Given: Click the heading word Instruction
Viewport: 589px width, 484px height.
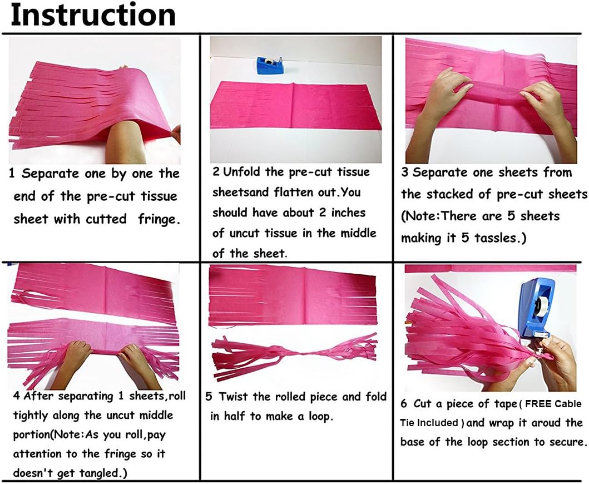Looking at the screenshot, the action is (93, 15).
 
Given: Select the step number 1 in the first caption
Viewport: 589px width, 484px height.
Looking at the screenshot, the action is (12, 173).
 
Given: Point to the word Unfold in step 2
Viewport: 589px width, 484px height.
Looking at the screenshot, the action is (241, 172).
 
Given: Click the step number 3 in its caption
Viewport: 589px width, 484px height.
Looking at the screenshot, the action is (404, 172).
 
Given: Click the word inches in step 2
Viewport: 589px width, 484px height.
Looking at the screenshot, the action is (348, 213).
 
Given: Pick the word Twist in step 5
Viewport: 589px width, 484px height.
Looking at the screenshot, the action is (234, 397).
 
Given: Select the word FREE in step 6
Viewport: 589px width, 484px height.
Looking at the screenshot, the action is (538, 404).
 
